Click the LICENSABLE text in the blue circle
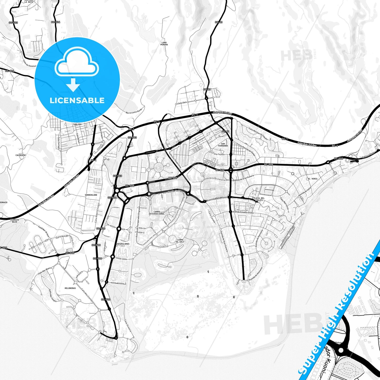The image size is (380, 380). pos(77,100)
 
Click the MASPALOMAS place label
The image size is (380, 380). pos(123,244)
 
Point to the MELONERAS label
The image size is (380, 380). pos(70,288)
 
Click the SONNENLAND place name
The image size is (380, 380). pos(91,195)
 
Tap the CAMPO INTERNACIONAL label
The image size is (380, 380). pos(157,213)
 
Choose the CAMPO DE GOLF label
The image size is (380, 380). pos(180,241)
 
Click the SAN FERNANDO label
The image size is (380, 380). pos(223,145)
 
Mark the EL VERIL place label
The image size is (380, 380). pos(312,179)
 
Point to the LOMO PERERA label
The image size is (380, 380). pos(164,44)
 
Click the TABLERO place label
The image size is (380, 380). pos(77,124)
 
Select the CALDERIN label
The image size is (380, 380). pos(21,155)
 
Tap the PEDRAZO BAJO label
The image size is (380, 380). pos(14,221)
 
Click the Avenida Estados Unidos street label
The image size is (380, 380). pos(243,212)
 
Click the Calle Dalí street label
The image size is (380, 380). pos(182,103)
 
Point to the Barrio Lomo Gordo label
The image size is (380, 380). pos(134,111)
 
